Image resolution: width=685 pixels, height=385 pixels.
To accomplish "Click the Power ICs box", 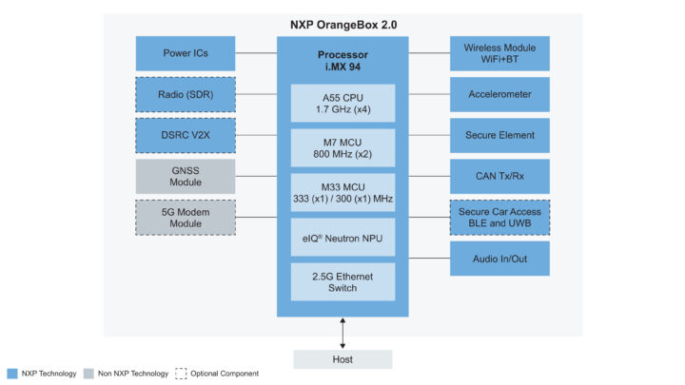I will coord(186,53).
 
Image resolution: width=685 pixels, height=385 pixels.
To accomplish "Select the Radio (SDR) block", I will coord(186,94).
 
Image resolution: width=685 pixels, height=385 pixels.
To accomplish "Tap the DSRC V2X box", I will coord(186,135).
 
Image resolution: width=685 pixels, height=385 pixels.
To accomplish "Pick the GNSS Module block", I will coord(186,176).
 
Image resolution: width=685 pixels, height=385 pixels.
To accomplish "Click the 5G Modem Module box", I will coord(186,217).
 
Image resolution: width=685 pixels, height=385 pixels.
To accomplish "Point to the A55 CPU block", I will coord(342,102).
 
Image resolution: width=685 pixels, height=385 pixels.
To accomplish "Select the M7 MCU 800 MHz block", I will coord(342,146).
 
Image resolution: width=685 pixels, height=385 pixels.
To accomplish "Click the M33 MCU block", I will coord(342,191).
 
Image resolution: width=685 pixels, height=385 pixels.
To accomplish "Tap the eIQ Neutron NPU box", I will coord(342,236).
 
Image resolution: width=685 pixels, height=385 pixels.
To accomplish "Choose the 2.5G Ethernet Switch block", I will coord(342,280).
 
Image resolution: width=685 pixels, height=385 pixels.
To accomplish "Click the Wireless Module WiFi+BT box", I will coord(499,53).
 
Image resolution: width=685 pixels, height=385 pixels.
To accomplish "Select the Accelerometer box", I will coord(499,94).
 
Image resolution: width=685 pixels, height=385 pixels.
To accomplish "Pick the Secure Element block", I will coord(499,135).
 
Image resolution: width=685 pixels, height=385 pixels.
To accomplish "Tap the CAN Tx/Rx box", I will coord(499,176).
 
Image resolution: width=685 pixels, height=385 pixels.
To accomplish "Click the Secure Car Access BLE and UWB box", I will coord(499,217).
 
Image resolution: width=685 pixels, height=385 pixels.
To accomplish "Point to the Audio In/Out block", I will coord(499,258).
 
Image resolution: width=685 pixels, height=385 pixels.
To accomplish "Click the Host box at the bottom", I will coord(342,359).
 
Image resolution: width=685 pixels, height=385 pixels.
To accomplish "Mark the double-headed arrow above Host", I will coord(342,333).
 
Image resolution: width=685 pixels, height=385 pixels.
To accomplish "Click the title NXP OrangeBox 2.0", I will coord(342,24).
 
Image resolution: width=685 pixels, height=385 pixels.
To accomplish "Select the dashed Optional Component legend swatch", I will coord(182,374).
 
